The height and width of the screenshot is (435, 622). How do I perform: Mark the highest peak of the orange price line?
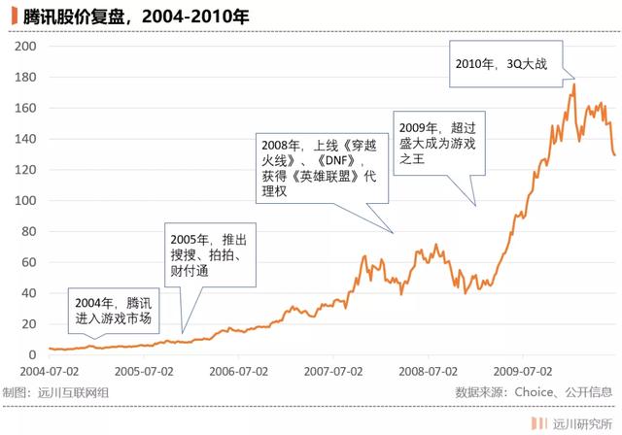pyautogui.click(x=574, y=84)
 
